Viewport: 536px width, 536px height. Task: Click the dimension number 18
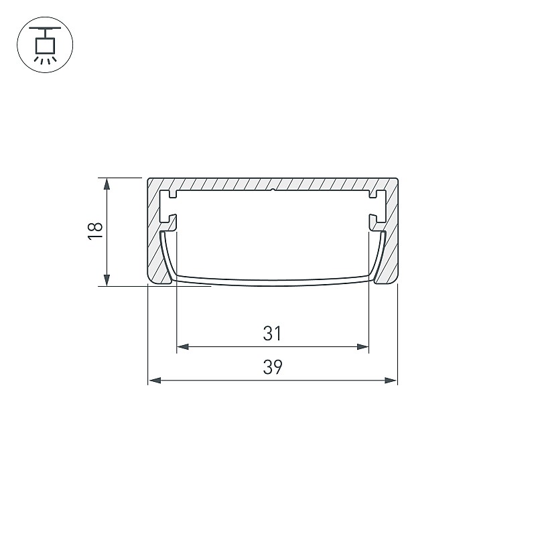(x=95, y=231)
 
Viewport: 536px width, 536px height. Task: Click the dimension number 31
(x=273, y=333)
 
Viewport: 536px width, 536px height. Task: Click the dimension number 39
(x=273, y=367)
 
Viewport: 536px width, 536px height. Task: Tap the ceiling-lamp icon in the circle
(x=45, y=45)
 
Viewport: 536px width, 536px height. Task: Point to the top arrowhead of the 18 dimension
(x=107, y=184)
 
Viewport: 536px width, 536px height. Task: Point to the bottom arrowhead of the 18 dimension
(x=107, y=280)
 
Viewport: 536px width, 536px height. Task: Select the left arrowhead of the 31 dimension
(x=183, y=346)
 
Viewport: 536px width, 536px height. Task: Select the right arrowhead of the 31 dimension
(x=362, y=346)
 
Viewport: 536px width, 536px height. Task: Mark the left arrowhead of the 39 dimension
(x=155, y=380)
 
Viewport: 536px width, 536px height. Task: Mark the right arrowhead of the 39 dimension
(x=391, y=380)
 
